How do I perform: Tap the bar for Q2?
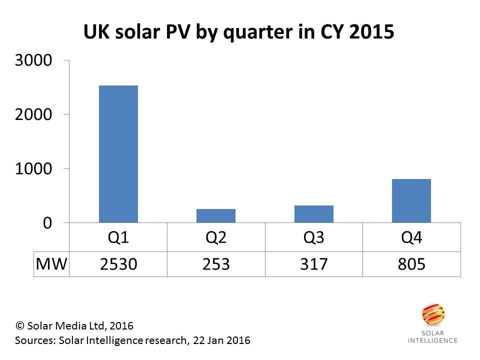point(216,215)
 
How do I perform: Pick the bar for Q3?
point(313,214)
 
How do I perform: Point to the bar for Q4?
point(411,200)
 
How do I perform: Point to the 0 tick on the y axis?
point(46,223)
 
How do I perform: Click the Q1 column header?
point(118,237)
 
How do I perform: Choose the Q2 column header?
point(216,237)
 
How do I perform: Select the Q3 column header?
point(313,237)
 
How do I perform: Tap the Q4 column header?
point(411,237)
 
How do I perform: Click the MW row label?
point(51,263)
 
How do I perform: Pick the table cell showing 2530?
point(118,263)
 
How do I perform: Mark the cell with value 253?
point(216,263)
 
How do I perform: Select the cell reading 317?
point(313,263)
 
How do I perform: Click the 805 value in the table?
point(411,263)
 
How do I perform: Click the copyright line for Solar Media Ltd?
point(75,326)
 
